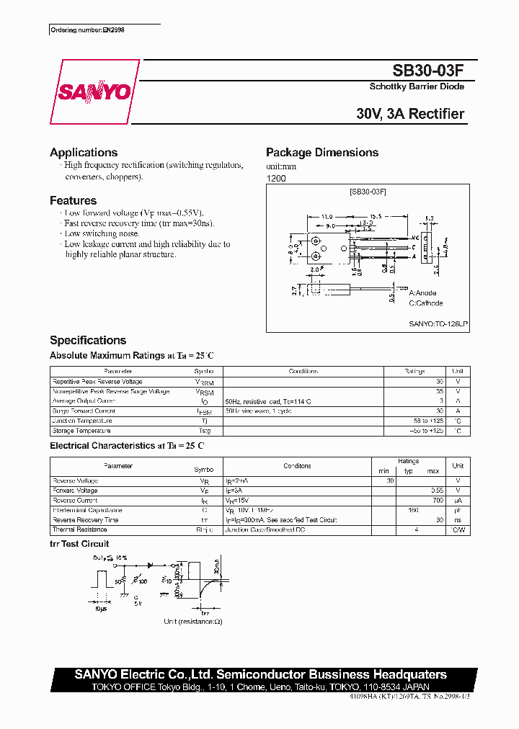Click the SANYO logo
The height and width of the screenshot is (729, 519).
95,91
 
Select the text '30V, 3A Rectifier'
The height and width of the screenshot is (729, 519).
410,114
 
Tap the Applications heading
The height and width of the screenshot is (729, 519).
84,153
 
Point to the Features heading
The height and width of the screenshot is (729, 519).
73,201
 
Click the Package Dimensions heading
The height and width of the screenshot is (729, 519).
322,153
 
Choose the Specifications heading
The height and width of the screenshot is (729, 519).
88,340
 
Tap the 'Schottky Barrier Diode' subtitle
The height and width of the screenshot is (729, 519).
417,86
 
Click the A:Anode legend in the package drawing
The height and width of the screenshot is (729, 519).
424,294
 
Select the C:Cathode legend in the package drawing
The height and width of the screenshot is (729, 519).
426,303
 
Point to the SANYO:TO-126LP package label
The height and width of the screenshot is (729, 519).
438,325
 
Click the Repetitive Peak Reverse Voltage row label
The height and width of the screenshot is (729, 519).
97,382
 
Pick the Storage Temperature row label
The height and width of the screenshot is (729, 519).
81,431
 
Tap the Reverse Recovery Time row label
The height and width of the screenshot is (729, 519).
86,519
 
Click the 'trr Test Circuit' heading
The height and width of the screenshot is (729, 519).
79,544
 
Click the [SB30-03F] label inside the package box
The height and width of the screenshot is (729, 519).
368,192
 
